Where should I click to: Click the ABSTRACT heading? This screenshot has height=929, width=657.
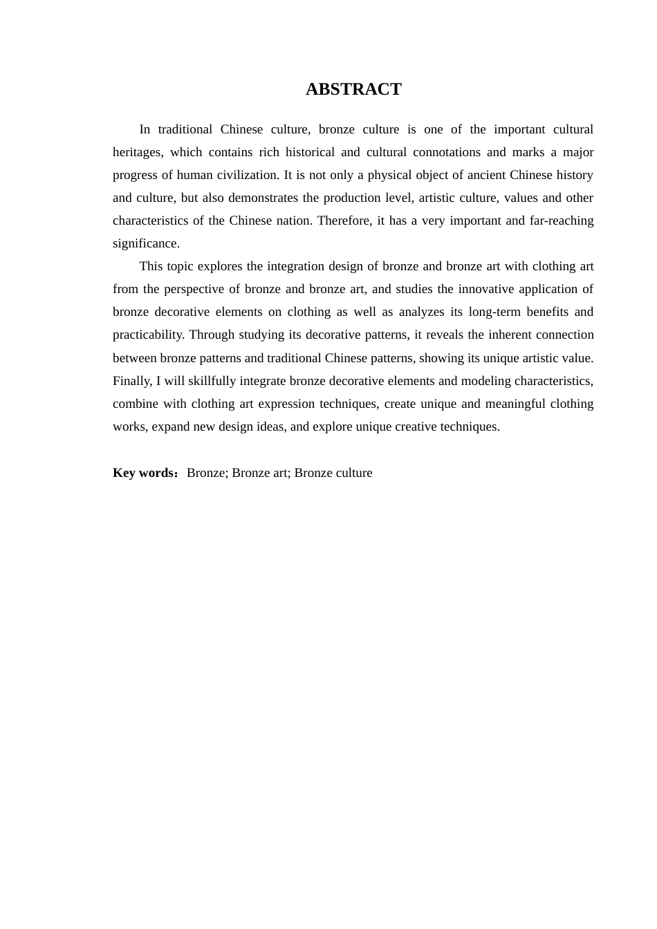coord(353,89)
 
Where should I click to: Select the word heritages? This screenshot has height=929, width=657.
coord(138,152)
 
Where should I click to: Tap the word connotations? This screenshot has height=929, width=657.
coord(447,152)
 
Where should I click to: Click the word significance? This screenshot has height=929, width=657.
coord(146,243)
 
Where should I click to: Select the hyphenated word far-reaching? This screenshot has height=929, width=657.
coord(562,220)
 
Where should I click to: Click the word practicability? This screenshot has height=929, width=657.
coord(148,335)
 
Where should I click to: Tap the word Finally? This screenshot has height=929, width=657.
coord(132,381)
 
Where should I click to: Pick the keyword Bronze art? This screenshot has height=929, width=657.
coord(260,473)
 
